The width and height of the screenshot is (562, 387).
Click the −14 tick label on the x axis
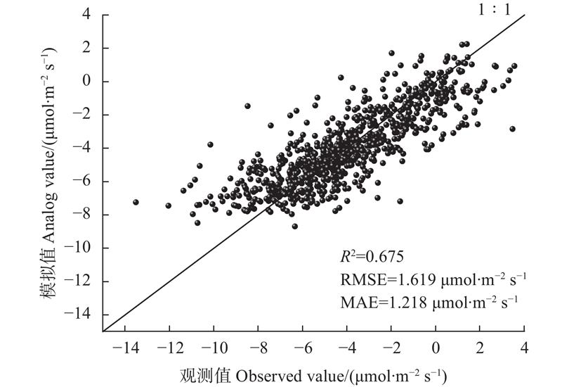point(125,348)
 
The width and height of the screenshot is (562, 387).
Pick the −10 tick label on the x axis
point(214,348)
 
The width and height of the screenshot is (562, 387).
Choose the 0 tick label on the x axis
point(436,348)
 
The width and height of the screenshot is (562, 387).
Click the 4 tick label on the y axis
point(89,15)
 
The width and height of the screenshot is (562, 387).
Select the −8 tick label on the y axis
point(85,215)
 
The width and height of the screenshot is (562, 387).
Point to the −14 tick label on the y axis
point(82,315)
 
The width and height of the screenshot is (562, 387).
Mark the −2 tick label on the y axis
point(85,115)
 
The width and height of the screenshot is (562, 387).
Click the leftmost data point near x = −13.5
point(136,202)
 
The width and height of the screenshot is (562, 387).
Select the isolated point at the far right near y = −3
point(512,129)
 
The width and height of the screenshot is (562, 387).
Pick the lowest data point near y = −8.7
point(295,226)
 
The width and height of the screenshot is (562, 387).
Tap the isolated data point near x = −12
point(169,205)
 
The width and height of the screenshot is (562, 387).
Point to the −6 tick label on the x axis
point(302,348)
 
